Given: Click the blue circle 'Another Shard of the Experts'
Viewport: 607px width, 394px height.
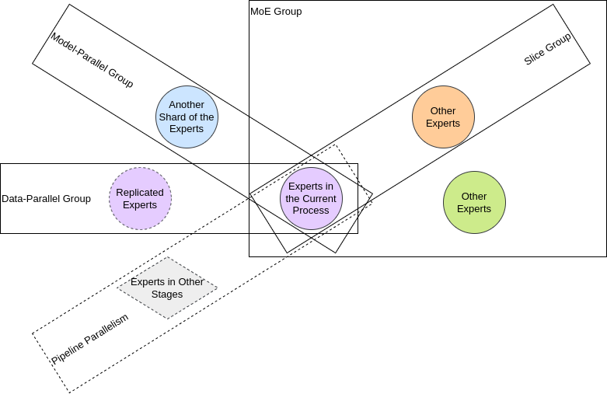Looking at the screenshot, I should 187,117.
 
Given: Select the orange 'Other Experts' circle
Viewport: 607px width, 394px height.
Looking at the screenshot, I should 443,117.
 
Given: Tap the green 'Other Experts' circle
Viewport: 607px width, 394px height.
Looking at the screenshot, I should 474,202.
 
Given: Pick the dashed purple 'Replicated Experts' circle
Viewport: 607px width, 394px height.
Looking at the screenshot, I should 140,198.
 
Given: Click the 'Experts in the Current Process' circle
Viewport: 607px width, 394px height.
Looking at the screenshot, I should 311,198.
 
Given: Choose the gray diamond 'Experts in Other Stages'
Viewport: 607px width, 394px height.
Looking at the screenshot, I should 167,288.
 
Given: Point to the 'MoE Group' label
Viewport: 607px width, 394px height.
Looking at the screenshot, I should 276,12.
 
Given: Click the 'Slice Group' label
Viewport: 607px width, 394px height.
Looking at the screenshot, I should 547,49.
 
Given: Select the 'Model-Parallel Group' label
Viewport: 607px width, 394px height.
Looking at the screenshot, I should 92,60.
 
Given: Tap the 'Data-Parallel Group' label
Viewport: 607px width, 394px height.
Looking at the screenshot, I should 46,199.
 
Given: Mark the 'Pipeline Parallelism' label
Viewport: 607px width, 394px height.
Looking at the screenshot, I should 89,339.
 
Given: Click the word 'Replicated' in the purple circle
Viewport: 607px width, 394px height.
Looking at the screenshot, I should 140,192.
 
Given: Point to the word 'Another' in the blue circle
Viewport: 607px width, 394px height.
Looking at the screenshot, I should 187,105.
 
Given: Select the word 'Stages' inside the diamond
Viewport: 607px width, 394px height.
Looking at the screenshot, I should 167,295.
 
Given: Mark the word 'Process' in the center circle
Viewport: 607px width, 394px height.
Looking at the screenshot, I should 311,211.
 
